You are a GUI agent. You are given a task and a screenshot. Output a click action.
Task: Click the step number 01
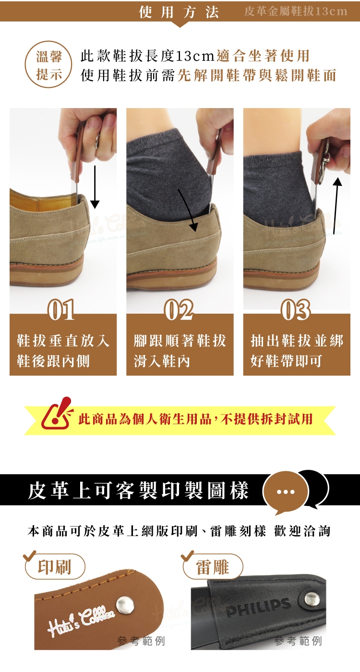[61, 310]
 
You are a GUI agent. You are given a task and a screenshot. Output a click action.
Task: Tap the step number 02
[179, 310]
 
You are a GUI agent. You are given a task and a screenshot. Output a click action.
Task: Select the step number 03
[296, 310]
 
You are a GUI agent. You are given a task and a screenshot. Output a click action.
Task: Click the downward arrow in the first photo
[95, 186]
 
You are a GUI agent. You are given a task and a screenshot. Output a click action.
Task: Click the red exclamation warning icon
[57, 414]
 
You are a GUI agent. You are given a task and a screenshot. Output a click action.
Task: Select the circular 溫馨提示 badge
[49, 65]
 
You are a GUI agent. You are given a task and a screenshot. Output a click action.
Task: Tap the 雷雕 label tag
[213, 567]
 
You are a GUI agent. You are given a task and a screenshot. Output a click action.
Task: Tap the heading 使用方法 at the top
[179, 12]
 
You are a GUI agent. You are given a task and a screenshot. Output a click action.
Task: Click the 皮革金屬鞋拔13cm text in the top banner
[296, 12]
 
